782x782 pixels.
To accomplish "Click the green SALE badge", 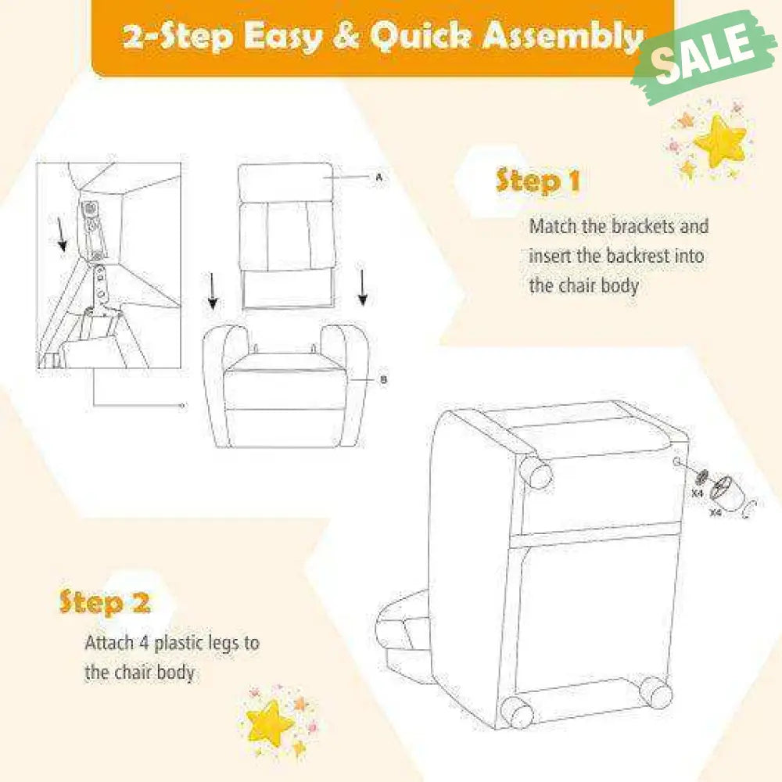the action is point(704,57).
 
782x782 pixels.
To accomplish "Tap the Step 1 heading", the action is point(538,181).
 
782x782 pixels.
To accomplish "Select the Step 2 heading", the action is point(104,602).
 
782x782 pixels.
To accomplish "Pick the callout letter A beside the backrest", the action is point(379,177).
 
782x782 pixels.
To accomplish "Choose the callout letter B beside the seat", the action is point(383,380).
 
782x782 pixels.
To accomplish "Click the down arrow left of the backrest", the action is point(213,291).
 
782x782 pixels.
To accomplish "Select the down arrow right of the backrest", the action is point(363,286).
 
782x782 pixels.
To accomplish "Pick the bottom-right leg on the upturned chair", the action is point(655,693).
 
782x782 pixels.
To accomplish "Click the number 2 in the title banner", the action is point(134,37).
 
